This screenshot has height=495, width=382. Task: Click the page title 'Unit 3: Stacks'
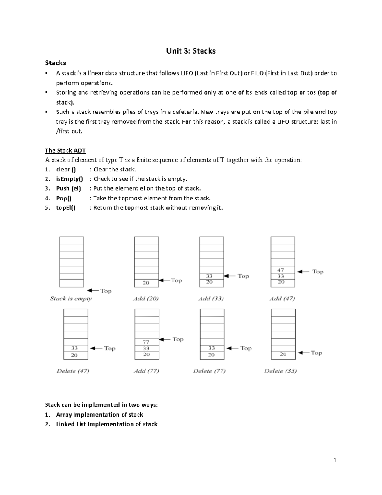191,51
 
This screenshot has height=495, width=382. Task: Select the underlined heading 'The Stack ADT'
65,150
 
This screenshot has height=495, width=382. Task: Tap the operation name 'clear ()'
66,170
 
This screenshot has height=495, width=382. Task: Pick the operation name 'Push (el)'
68,189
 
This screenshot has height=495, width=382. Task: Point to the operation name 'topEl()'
66,208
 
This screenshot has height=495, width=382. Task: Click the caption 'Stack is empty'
71,299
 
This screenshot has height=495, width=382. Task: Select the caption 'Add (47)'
282,299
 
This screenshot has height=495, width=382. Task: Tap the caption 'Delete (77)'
209,371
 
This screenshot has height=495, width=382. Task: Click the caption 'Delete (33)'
280,371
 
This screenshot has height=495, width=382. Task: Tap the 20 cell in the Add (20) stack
146,283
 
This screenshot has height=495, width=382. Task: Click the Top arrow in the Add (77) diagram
165,340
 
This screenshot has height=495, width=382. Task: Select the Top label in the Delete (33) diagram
316,353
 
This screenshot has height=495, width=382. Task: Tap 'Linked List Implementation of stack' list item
107,424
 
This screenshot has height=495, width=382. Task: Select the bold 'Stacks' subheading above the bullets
55,63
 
